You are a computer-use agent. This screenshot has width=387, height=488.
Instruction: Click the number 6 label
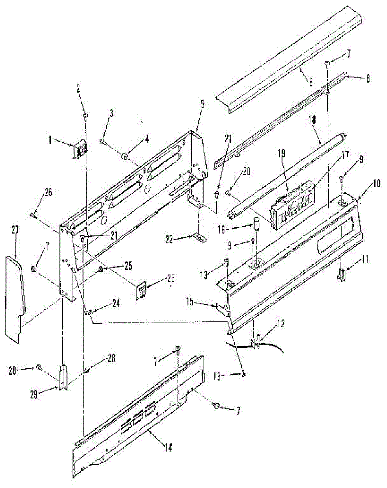311,82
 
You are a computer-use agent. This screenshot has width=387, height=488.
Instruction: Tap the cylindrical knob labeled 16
257,224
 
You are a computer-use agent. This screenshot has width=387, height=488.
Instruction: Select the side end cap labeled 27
15,297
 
